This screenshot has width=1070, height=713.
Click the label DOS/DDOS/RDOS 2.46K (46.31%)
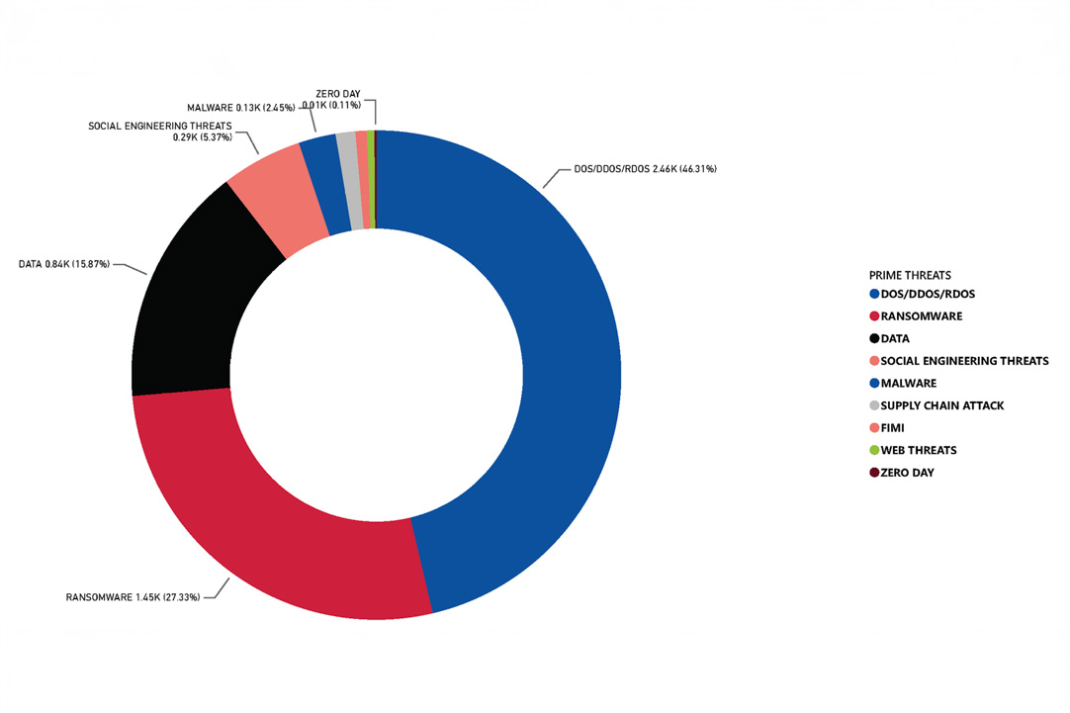pyautogui.click(x=645, y=169)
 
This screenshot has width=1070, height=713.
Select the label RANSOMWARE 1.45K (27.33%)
pyautogui.click(x=133, y=597)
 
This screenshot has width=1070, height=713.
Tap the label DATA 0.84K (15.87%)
pyautogui.click(x=64, y=264)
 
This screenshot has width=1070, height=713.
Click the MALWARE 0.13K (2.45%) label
pyautogui.click(x=240, y=107)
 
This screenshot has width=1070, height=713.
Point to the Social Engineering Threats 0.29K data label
pyautogui.click(x=159, y=132)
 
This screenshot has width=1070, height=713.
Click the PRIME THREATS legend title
pyautogui.click(x=910, y=275)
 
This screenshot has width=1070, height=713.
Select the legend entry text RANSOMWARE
pyautogui.click(x=921, y=316)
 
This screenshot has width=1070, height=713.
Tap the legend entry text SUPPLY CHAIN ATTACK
pyautogui.click(x=942, y=405)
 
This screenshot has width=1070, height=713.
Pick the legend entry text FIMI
pyautogui.click(x=892, y=428)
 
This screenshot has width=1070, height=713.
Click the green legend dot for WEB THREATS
pyautogui.click(x=874, y=451)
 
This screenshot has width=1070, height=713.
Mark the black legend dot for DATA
pyautogui.click(x=874, y=339)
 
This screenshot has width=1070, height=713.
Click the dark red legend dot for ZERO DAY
pyautogui.click(x=874, y=473)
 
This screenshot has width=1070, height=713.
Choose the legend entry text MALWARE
pyautogui.click(x=908, y=384)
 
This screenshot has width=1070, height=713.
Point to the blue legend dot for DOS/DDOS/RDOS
pyautogui.click(x=874, y=295)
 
